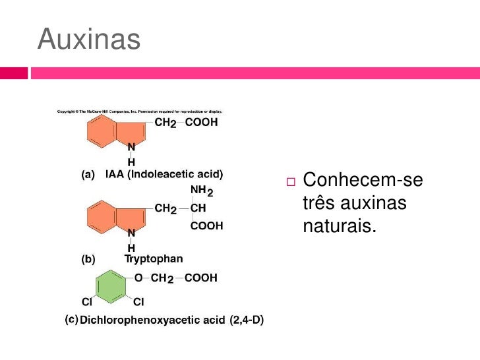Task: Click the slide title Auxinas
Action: click(x=89, y=40)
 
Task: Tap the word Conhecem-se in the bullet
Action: click(x=363, y=181)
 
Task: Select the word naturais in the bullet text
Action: click(x=339, y=226)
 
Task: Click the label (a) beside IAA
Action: click(x=87, y=175)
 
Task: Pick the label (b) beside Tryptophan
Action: click(x=87, y=259)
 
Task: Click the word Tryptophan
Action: click(x=154, y=259)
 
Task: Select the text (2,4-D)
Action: click(x=247, y=320)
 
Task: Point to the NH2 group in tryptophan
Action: click(x=202, y=191)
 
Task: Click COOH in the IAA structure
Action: click(x=201, y=123)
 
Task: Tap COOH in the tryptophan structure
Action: click(x=206, y=225)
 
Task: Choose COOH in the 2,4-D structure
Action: click(x=200, y=278)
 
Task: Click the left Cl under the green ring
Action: click(x=86, y=302)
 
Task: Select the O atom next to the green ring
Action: click(x=139, y=278)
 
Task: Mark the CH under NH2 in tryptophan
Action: click(x=198, y=208)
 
